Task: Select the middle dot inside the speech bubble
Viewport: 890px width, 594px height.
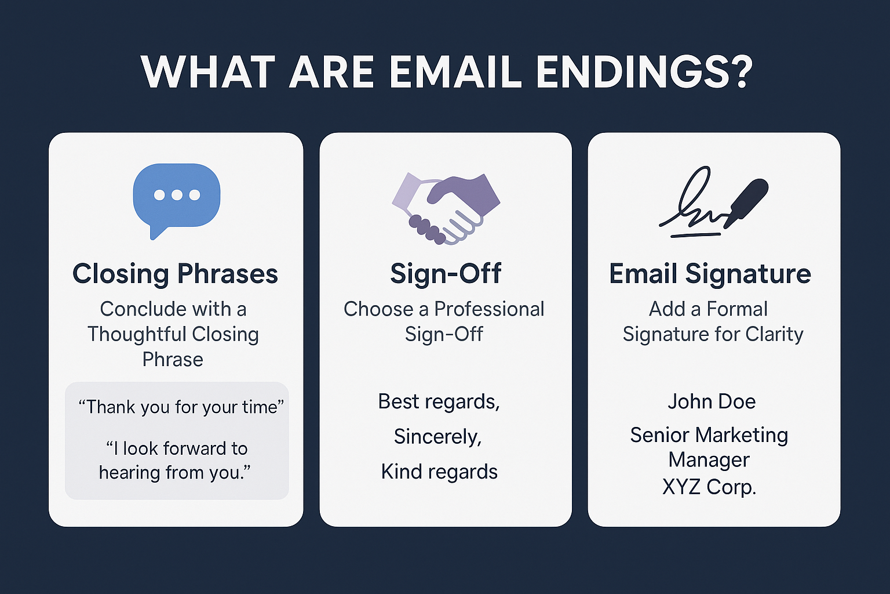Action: (x=177, y=195)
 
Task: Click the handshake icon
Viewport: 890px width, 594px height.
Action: (x=446, y=208)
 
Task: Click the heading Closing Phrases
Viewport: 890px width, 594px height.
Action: (x=175, y=274)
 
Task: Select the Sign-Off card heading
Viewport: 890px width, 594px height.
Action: (x=446, y=273)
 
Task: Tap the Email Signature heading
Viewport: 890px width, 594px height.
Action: (x=710, y=274)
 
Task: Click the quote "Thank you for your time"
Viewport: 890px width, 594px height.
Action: (x=181, y=407)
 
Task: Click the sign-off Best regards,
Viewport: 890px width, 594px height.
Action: (x=439, y=402)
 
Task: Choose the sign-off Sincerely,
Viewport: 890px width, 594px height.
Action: (x=438, y=436)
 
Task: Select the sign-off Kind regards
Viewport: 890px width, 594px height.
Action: (x=439, y=472)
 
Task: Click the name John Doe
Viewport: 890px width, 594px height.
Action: (x=711, y=401)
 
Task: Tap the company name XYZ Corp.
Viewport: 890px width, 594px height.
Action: (x=709, y=486)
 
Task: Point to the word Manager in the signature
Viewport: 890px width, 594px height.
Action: (x=709, y=461)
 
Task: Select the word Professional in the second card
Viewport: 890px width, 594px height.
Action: (x=489, y=309)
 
